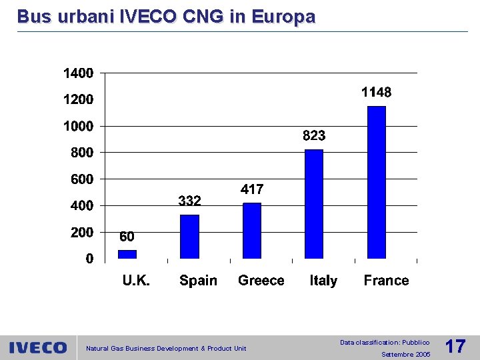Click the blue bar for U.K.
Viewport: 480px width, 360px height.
[127, 254]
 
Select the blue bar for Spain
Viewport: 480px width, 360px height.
[189, 236]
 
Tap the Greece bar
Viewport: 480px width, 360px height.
[252, 230]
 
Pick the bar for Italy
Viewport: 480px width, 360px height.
[314, 203]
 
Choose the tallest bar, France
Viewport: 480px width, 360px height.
[377, 181]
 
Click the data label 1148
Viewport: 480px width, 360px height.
[377, 93]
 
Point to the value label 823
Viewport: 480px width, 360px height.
[314, 136]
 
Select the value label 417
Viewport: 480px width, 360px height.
[251, 190]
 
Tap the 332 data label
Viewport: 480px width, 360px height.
[189, 201]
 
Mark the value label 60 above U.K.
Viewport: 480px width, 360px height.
[127, 237]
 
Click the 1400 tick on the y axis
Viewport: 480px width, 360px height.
[78, 73]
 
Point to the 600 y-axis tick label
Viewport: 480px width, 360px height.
[82, 179]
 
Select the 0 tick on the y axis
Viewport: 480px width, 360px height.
[89, 259]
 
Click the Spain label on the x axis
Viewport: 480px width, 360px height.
[198, 281]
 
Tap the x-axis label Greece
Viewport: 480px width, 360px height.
[261, 281]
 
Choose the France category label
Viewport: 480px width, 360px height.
[386, 281]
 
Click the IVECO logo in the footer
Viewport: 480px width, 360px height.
[38, 347]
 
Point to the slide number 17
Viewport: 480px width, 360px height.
[455, 347]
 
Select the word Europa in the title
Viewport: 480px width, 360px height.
[282, 17]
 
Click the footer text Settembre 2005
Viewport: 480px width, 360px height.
[405, 355]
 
